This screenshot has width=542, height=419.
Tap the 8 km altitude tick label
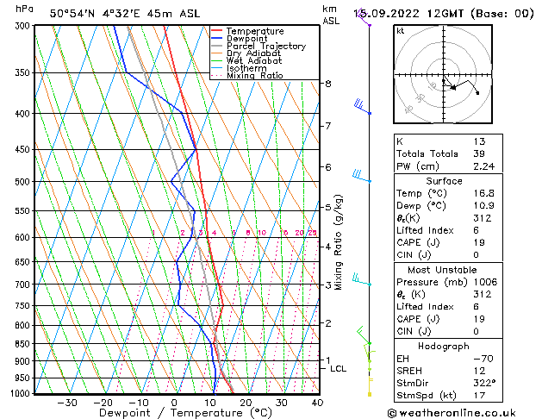pos(327,84)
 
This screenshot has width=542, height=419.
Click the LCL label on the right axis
pos(339,369)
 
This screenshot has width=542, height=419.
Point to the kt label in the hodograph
pos(401,31)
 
